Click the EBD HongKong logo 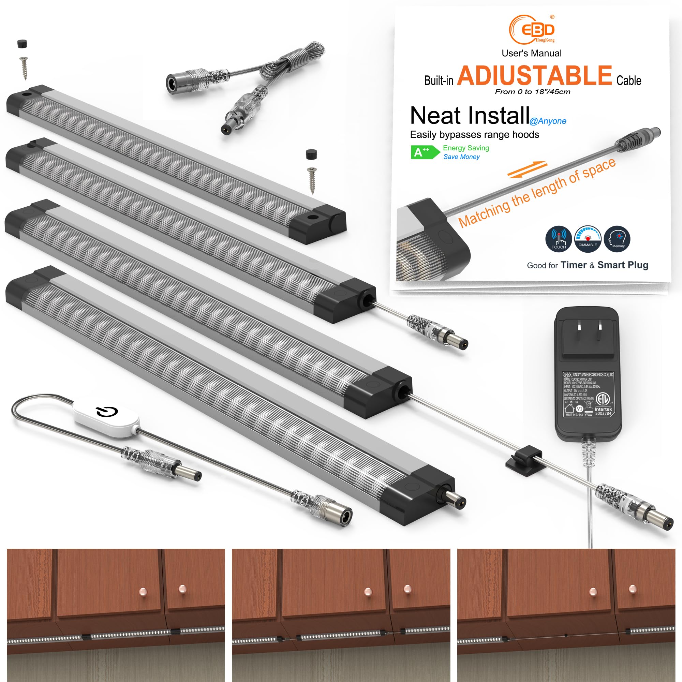pyautogui.click(x=532, y=29)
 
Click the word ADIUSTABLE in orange pyautogui.click(x=534, y=76)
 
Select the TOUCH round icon pyautogui.click(x=559, y=239)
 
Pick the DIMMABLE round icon pyautogui.click(x=588, y=239)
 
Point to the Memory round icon pyautogui.click(x=617, y=239)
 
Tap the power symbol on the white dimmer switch pyautogui.click(x=107, y=411)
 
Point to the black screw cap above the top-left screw pyautogui.click(x=22, y=44)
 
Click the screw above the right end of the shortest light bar pyautogui.click(x=312, y=180)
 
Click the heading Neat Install pyautogui.click(x=470, y=116)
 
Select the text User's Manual pyautogui.click(x=532, y=53)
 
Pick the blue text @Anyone pyautogui.click(x=548, y=121)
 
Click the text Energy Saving pyautogui.click(x=466, y=148)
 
